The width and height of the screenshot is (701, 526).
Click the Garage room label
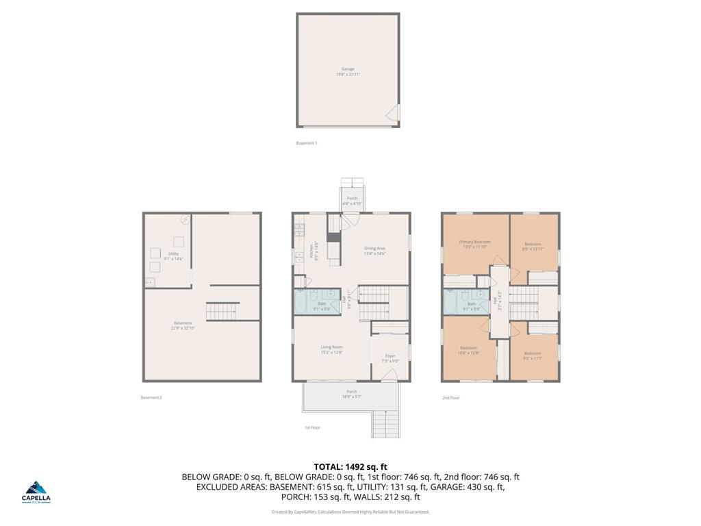pyautogui.click(x=348, y=71)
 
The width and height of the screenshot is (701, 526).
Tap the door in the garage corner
pyautogui.click(x=393, y=114)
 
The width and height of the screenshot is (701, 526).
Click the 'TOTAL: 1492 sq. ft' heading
pyautogui.click(x=350, y=466)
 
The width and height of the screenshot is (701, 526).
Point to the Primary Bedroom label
pyautogui.click(x=474, y=244)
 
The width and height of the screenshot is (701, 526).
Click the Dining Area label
pyautogui.click(x=375, y=251)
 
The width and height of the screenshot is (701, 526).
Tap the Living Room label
pyautogui.click(x=331, y=349)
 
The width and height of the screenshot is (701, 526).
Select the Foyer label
pyautogui.click(x=390, y=358)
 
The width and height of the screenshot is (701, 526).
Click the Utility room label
pyautogui.click(x=173, y=255)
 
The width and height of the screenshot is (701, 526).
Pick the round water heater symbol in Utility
pyautogui.click(x=184, y=219)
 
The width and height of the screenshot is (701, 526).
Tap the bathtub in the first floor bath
pyautogui.click(x=303, y=301)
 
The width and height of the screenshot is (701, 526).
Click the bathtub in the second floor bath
pyautogui.click(x=452, y=301)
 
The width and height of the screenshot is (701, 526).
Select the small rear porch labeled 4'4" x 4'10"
pyautogui.click(x=352, y=201)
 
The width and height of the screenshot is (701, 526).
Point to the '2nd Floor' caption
pyautogui.click(x=450, y=397)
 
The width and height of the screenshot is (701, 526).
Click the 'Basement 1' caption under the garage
pyautogui.click(x=306, y=143)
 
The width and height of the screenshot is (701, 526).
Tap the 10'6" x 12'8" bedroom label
pyautogui.click(x=468, y=350)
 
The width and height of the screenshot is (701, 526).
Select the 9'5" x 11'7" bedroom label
pyautogui.click(x=533, y=355)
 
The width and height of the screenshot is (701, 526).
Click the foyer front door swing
pyautogui.click(x=390, y=374)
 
